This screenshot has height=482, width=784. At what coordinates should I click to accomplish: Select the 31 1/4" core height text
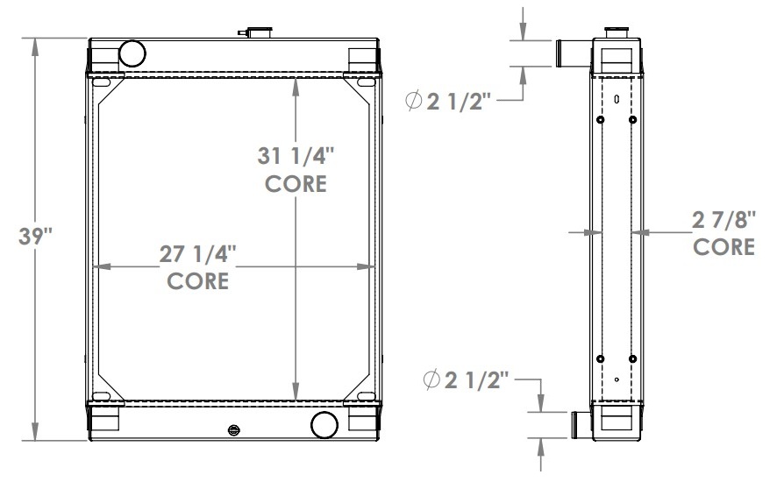(x=296, y=157)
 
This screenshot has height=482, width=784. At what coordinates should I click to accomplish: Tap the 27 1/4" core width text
(x=197, y=254)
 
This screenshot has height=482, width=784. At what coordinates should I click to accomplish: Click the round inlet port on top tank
(x=132, y=53)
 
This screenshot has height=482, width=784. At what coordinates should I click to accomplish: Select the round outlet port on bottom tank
(x=324, y=425)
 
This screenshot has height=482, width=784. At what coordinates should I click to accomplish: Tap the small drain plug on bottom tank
(x=234, y=430)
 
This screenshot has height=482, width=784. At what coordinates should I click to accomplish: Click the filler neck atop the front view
(x=256, y=33)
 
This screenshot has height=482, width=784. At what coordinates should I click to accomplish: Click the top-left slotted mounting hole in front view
(x=104, y=83)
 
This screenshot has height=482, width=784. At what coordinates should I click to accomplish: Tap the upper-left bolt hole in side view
(x=601, y=119)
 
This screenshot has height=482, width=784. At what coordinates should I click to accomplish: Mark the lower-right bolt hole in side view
(x=632, y=358)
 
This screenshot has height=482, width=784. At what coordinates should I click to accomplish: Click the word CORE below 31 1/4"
(x=296, y=185)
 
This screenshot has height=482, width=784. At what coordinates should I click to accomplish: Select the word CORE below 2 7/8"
(x=723, y=247)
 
